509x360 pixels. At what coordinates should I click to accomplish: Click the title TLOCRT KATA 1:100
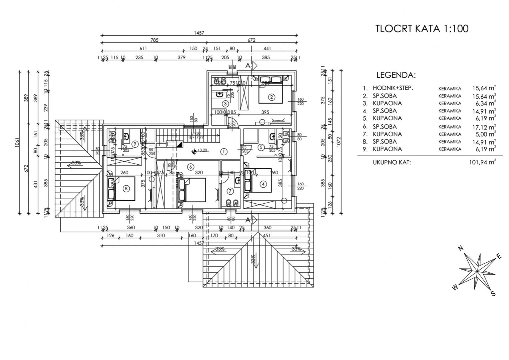422,29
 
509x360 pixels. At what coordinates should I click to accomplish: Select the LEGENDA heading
396,75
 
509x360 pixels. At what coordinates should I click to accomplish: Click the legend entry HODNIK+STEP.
388,88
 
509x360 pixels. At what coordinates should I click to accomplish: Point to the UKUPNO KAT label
392,162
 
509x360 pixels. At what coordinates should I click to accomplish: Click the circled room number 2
272,97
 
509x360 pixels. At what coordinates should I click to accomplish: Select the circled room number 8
126,189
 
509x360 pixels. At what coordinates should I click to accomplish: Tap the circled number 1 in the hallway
223,152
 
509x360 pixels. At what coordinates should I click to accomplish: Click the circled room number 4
264,184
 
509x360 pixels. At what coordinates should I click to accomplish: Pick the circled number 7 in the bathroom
230,191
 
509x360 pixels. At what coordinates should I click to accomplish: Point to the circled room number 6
190,167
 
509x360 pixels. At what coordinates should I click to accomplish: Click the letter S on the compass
493,293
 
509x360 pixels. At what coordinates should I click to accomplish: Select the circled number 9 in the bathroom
135,144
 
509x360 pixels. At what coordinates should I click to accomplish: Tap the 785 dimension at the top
154,40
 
